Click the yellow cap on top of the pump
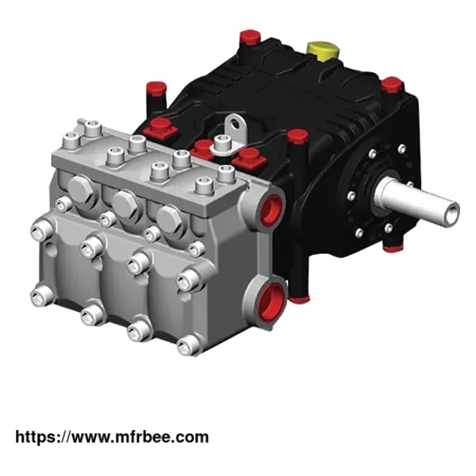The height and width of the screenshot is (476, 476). pos(323,48)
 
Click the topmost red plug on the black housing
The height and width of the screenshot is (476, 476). pos(250,37)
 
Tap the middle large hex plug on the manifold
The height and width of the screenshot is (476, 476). pos(125,204)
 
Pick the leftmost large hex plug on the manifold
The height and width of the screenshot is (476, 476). pos(81,189)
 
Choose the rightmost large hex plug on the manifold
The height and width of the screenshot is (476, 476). pos(169,219)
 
